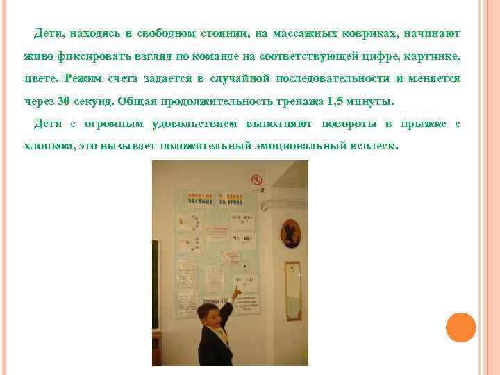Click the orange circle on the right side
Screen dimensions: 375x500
460,327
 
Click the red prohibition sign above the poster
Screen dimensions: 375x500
256,179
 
